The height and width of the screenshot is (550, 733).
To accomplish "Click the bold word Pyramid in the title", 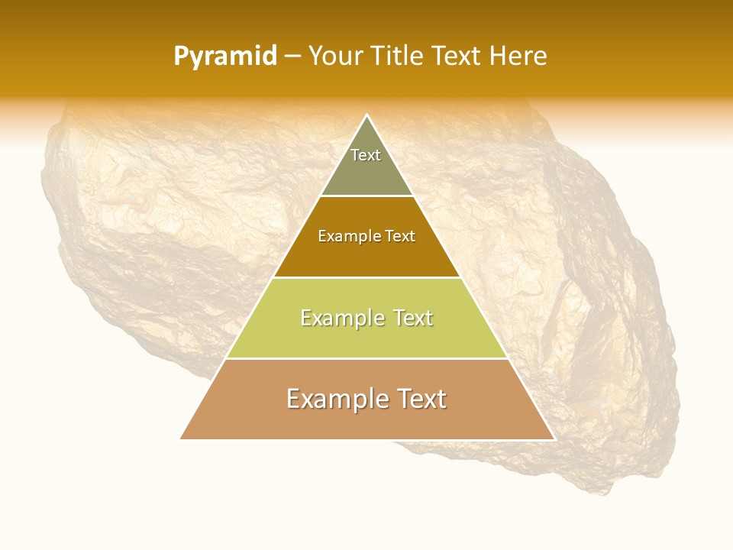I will click(x=224, y=57).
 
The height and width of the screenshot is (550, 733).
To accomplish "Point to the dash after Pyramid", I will click(x=292, y=57).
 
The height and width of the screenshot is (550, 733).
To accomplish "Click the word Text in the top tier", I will click(x=366, y=155).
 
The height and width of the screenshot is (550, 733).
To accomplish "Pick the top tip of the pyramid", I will click(x=367, y=115).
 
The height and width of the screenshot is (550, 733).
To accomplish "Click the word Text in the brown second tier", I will click(x=401, y=236).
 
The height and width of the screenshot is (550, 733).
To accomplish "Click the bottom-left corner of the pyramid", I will click(x=181, y=438).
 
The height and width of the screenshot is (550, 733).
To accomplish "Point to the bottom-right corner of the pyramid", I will click(x=554, y=438).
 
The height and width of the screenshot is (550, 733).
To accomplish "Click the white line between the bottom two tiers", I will click(x=367, y=358).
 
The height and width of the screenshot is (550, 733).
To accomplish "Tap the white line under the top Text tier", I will click(x=367, y=196).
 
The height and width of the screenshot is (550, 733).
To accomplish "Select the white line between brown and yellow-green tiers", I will click(x=367, y=277).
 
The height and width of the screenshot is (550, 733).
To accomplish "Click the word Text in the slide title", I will click(x=457, y=57).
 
